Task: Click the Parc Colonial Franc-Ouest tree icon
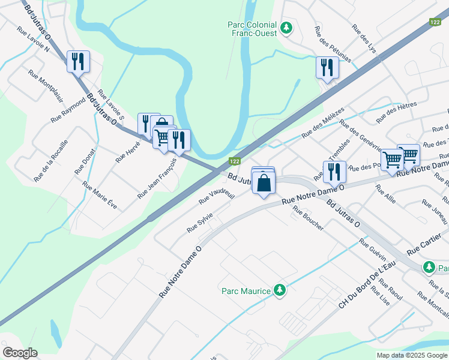coord(286,28)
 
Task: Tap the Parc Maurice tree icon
coord(279,290)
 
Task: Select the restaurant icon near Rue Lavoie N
coord(78,61)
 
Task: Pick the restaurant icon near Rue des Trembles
coord(334,171)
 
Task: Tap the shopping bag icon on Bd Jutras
coord(264,182)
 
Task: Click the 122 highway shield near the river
coord(235,161)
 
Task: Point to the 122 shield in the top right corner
coord(436,22)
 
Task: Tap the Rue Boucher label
coord(309,218)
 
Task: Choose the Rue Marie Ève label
coord(100,195)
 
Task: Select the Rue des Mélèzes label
coord(323,123)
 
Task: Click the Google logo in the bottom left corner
coord(20,353)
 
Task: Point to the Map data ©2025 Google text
coord(411,355)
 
